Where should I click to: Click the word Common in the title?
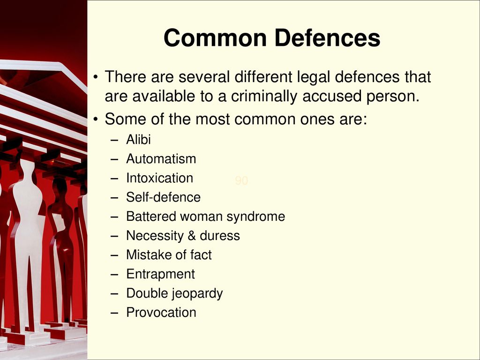(215, 38)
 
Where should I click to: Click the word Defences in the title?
(327, 38)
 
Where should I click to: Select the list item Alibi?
(138, 140)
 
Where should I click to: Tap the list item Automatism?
(161, 159)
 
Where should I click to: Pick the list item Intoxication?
(159, 178)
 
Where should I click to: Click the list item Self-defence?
(163, 197)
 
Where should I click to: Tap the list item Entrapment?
(160, 274)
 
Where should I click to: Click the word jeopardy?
(197, 293)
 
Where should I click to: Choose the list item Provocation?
(161, 313)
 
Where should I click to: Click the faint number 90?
(241, 180)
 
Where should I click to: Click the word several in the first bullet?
(204, 77)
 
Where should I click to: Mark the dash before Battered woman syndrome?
(114, 217)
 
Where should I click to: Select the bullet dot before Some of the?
(96, 119)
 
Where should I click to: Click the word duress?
(220, 236)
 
